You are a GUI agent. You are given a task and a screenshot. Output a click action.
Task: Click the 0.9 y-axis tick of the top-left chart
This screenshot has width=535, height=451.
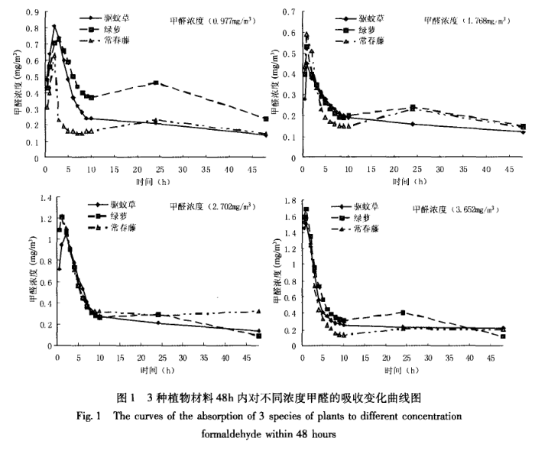click(31, 12)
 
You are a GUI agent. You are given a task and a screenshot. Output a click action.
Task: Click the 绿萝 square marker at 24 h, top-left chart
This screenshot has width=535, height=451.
click(156, 83)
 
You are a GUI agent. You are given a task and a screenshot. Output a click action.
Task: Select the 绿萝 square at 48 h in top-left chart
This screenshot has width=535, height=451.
click(265, 118)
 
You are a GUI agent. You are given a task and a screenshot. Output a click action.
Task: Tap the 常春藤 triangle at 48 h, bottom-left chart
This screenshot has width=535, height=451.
click(258, 311)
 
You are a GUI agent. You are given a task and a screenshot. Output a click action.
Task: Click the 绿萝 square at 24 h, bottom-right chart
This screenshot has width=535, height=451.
click(402, 313)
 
